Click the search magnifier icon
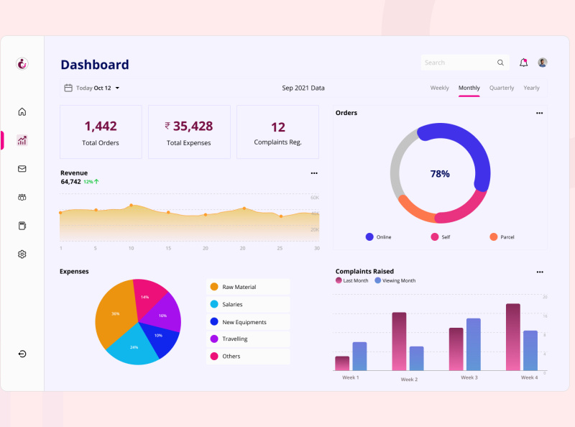click(500, 63)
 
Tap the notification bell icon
click(523, 63)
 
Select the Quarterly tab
click(502, 88)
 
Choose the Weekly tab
click(439, 88)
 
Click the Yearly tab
click(531, 88)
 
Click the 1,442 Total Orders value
click(101, 127)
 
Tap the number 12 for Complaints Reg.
click(277, 127)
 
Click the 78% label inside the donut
click(440, 174)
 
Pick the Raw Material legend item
click(239, 287)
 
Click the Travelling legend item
click(234, 339)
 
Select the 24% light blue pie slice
click(134, 349)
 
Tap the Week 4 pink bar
click(513, 336)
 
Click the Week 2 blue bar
click(416, 358)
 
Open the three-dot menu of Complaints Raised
click(539, 272)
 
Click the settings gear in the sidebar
click(22, 254)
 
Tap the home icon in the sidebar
click(22, 111)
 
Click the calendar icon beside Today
click(68, 88)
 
